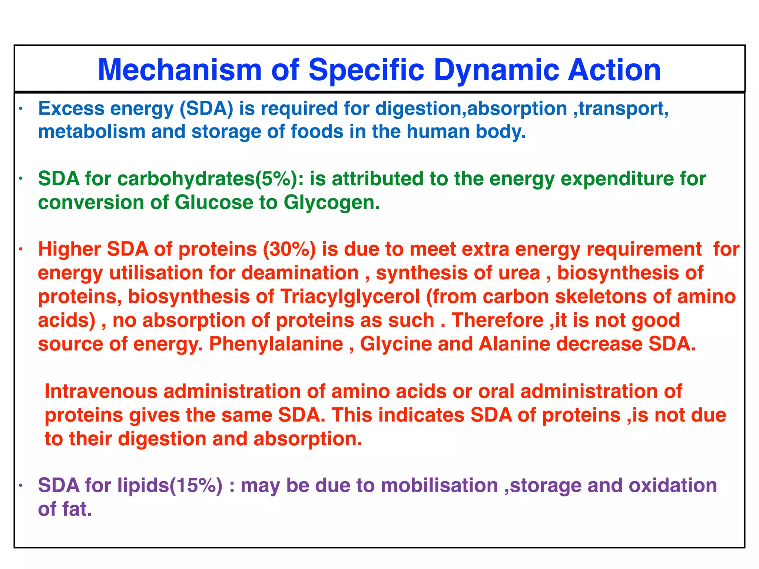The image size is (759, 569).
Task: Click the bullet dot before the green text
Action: [21, 179]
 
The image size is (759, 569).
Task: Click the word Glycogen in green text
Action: [332, 203]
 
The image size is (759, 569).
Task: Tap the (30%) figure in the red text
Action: [289, 249]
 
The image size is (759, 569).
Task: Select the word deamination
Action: [300, 273]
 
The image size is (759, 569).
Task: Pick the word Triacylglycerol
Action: [350, 297]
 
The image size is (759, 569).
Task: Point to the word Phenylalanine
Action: [276, 344]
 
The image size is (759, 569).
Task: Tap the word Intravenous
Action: [101, 392]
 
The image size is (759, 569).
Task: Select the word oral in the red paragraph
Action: [496, 392]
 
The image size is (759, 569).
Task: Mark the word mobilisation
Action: [439, 486]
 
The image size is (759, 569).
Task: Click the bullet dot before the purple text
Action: [21, 486]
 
